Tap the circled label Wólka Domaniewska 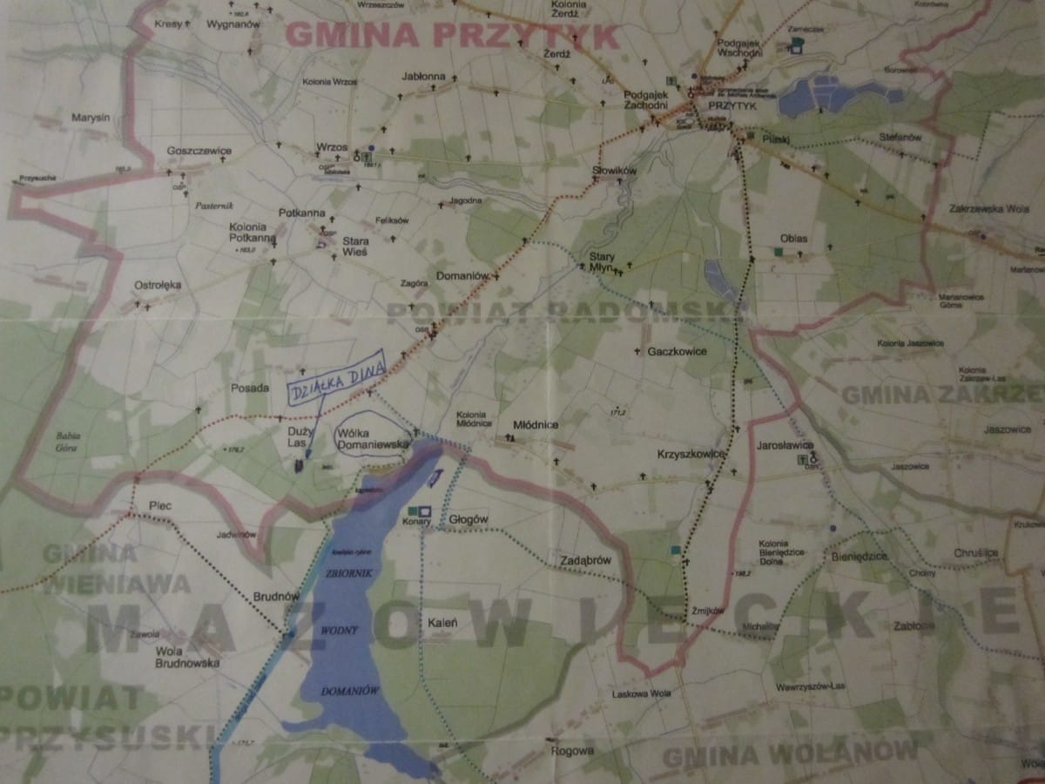pos(373,438)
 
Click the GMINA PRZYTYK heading pos(452,36)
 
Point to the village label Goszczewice pos(199,151)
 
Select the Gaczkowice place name pos(677,351)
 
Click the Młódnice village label pos(536,424)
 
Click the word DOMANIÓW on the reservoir pos(347,691)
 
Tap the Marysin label pos(90,116)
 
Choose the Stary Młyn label pos(603,262)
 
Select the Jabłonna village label pos(424,77)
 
